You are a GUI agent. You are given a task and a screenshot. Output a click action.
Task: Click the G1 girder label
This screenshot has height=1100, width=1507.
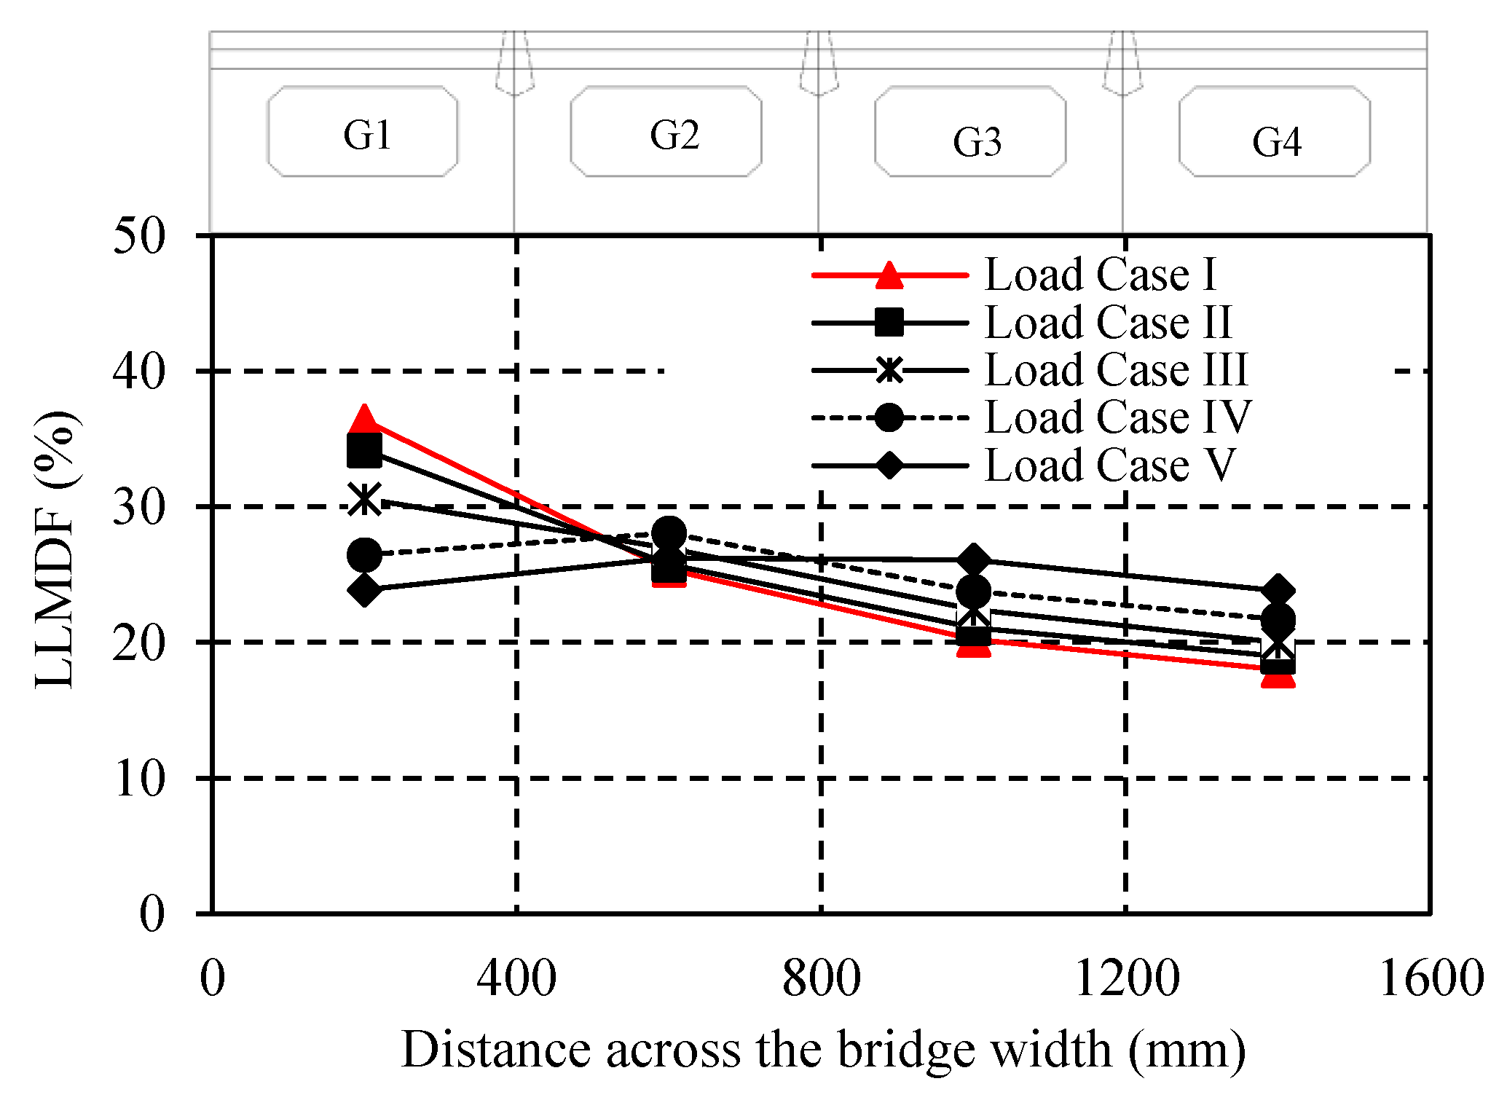click(367, 135)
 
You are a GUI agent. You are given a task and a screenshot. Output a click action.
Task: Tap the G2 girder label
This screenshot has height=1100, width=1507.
click(674, 135)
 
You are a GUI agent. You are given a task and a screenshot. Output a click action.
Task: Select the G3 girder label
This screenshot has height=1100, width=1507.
click(977, 142)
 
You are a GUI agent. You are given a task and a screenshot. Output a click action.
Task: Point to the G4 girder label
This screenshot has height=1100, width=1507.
click(1277, 142)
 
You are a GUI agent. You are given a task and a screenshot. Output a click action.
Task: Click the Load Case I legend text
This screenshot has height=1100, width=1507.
click(1101, 275)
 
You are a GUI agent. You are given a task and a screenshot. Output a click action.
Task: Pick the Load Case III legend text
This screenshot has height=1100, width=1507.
click(1117, 369)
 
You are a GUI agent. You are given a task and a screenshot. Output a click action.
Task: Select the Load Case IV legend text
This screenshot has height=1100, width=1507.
click(1118, 417)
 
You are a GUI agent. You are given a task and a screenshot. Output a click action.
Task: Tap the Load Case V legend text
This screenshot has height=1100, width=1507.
click(1110, 465)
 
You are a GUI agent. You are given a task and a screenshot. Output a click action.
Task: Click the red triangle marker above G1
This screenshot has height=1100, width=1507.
click(364, 420)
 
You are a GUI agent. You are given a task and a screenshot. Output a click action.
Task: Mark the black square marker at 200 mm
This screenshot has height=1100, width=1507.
click(364, 451)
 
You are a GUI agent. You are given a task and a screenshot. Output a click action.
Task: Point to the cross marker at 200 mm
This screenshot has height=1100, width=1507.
click(364, 500)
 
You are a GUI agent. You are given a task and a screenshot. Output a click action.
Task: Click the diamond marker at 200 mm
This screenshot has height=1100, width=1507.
click(364, 589)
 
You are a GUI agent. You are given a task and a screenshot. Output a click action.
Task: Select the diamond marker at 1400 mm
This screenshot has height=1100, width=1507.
click(1278, 590)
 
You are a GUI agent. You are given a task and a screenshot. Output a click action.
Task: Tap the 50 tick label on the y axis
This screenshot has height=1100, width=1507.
click(139, 236)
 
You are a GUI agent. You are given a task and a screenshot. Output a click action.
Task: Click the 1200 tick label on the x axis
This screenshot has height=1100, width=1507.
click(1126, 978)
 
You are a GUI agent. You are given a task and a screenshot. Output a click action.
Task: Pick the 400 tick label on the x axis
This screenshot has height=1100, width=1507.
click(516, 978)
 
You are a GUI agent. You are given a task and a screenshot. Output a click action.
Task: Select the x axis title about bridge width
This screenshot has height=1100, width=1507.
click(823, 1050)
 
